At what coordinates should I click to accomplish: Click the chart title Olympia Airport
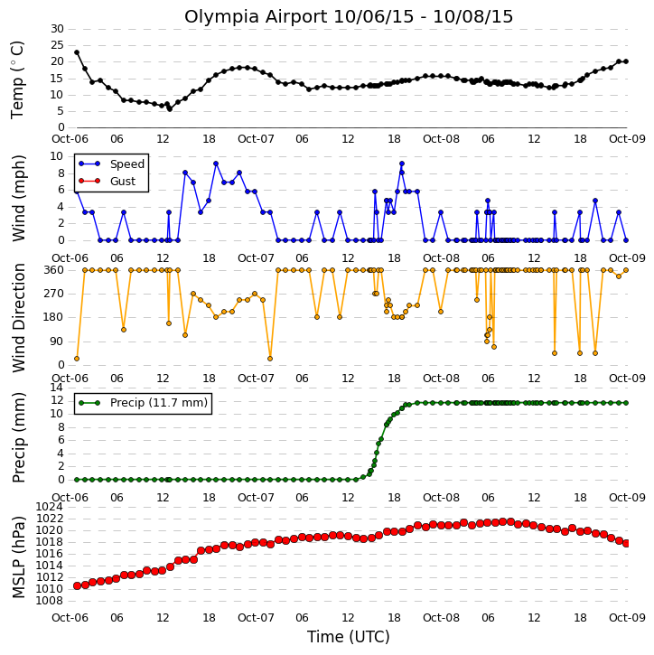(x=256, y=17)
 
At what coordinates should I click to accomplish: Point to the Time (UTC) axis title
(x=349, y=637)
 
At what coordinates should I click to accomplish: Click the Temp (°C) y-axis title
(x=17, y=80)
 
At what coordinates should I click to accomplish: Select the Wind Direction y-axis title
(x=19, y=318)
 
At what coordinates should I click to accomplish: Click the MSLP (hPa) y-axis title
(x=19, y=557)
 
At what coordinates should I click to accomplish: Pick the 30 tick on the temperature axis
(x=57, y=29)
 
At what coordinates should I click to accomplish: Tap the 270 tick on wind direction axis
(x=54, y=294)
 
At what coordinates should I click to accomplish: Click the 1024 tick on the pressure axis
(x=50, y=507)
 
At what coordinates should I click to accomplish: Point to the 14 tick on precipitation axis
(x=57, y=388)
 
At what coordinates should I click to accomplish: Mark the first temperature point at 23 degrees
(x=77, y=52)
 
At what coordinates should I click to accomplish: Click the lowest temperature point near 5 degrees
(x=170, y=109)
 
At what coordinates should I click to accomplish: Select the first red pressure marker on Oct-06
(x=78, y=586)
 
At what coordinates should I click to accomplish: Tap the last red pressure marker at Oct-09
(x=626, y=544)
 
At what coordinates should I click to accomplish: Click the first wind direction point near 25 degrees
(x=77, y=359)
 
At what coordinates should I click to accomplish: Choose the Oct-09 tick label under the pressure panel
(x=627, y=618)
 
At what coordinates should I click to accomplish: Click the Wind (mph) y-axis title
(x=19, y=199)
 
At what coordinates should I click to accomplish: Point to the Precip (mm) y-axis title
(x=19, y=438)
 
